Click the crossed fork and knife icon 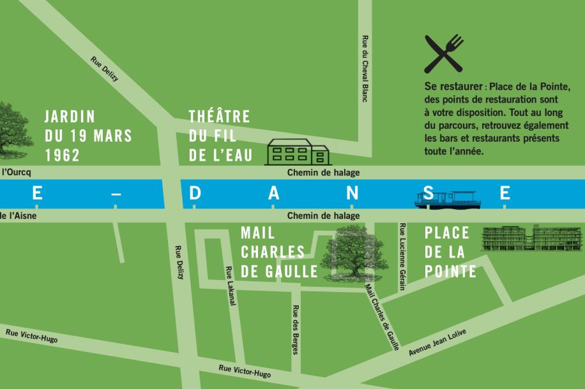pyautogui.click(x=443, y=54)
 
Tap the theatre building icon pyautogui.click(x=297, y=152)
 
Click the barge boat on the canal pyautogui.click(x=446, y=200)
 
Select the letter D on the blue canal pyautogui.click(x=195, y=193)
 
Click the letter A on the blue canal pyautogui.click(x=274, y=193)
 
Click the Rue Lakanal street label pyautogui.click(x=231, y=286)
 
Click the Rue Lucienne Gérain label pyautogui.click(x=402, y=256)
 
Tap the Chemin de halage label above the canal pyautogui.click(x=323, y=173)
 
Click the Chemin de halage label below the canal pyautogui.click(x=323, y=216)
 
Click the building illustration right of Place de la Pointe pyautogui.click(x=532, y=239)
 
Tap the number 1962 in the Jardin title pyautogui.click(x=63, y=155)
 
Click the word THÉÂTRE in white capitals pyautogui.click(x=219, y=117)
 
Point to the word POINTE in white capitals pyautogui.click(x=451, y=272)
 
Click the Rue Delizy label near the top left pyautogui.click(x=105, y=70)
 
